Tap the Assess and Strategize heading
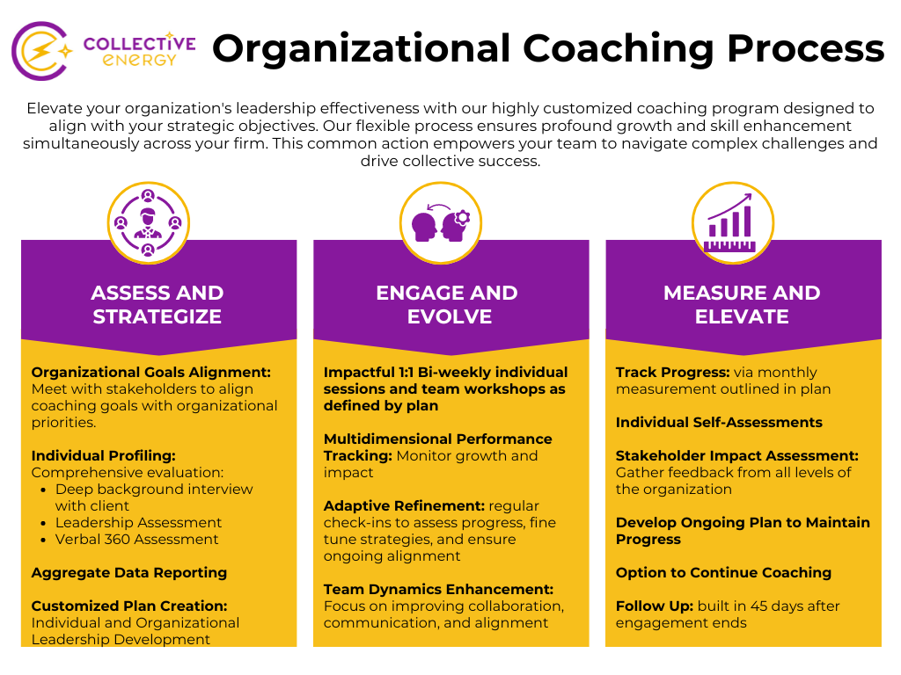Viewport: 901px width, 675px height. coord(157,304)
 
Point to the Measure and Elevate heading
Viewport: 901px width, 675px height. coord(742,304)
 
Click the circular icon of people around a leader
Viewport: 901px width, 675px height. coord(148,222)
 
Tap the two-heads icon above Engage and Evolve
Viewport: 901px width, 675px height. coord(441,222)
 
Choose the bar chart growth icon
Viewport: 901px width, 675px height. coord(732,222)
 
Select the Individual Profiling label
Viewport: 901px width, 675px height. coord(104,455)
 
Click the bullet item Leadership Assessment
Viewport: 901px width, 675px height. coord(138,522)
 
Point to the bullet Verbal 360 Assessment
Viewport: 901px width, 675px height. coord(136,539)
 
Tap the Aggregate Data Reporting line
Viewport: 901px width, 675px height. coord(129,572)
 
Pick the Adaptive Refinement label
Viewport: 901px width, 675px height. coord(404,505)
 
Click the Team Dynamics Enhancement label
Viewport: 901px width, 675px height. coord(438,589)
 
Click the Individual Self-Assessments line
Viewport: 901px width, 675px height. coord(719,422)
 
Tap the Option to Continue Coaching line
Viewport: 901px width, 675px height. coord(723,572)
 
